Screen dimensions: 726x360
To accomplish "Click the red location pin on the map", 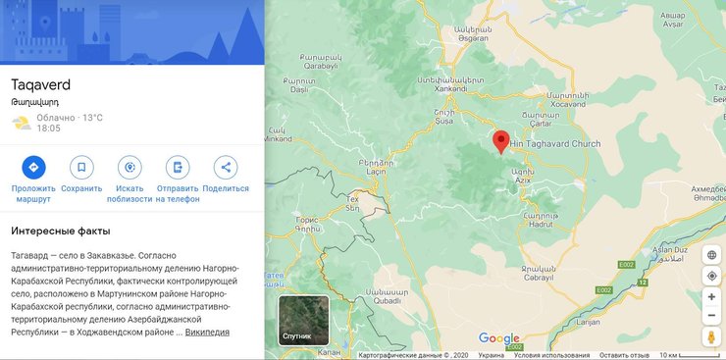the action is click(500, 141).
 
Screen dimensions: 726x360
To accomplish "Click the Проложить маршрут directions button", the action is click(33, 168).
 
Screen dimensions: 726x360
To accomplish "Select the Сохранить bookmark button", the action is click(81, 168).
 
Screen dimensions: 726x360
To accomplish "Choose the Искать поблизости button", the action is click(129, 168).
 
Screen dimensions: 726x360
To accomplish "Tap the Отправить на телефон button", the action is click(177, 168).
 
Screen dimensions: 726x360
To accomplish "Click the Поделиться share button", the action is click(226, 168).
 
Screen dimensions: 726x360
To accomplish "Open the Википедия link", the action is click(207, 332).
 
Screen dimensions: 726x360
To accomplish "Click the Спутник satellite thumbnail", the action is click(303, 320).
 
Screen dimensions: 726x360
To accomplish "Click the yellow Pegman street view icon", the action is click(711, 338).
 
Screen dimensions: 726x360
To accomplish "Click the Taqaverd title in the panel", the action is click(41, 84).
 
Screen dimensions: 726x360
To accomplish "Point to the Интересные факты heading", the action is click(59, 231).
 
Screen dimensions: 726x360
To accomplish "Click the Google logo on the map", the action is click(499, 338).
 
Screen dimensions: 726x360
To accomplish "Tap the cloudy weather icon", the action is click(21, 123).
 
